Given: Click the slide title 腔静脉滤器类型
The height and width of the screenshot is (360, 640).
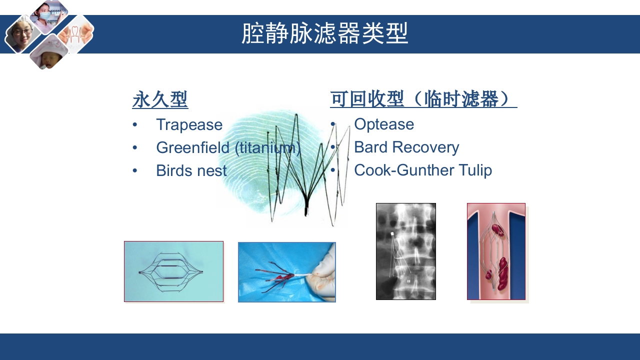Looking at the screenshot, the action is pyautogui.click(x=325, y=33).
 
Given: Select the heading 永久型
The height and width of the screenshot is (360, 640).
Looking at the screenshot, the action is pyautogui.click(x=160, y=99).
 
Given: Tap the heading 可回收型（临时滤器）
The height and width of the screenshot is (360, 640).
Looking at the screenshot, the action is pyautogui.click(x=423, y=99).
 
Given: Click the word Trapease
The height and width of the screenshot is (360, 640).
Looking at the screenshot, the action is pyautogui.click(x=189, y=125).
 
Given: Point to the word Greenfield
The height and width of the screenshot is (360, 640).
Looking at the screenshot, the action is pyautogui.click(x=193, y=147).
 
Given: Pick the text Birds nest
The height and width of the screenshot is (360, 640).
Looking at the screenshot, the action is pyautogui.click(x=191, y=170).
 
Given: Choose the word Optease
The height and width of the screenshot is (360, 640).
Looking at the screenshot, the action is pyautogui.click(x=384, y=124).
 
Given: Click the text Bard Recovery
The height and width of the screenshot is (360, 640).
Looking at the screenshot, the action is pyautogui.click(x=406, y=147).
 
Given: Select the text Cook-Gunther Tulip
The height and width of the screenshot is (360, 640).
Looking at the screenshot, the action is pyautogui.click(x=423, y=170).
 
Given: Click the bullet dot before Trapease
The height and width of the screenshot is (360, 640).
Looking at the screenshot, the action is pyautogui.click(x=135, y=124).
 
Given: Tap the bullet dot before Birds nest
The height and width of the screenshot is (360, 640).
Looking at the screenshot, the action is pyautogui.click(x=135, y=170).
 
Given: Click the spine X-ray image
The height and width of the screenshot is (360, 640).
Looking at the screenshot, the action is pyautogui.click(x=406, y=251).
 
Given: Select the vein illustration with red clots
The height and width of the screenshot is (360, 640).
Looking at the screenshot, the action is pyautogui.click(x=496, y=251).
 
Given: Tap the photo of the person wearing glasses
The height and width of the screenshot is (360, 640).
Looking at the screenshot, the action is pyautogui.click(x=23, y=34).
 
